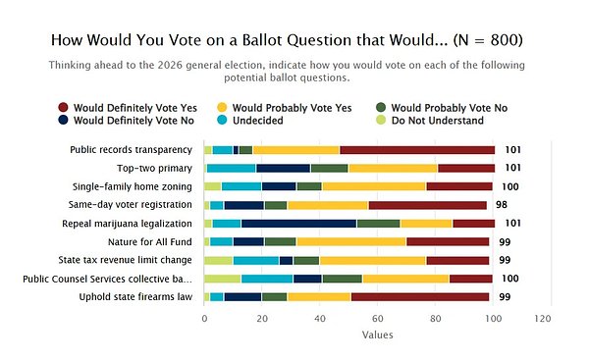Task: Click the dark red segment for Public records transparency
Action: point(417,150)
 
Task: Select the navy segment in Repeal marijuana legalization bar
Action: point(299,224)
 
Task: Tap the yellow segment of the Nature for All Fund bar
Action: point(351,241)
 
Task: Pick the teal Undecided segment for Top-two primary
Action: point(232,168)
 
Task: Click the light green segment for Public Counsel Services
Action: point(223,279)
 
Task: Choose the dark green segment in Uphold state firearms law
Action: point(275,297)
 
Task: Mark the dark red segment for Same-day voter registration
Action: point(428,205)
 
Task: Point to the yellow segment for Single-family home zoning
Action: point(374,186)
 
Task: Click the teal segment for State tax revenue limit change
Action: point(256,260)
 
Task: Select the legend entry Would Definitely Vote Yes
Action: point(128,108)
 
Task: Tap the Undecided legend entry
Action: point(250,120)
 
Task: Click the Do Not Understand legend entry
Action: point(430,120)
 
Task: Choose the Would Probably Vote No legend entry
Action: point(442,108)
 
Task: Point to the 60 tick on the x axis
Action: point(378,319)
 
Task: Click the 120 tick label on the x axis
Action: point(543,319)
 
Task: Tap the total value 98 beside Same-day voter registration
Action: point(502,205)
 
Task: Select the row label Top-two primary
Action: point(154,168)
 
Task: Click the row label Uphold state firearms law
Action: point(135,297)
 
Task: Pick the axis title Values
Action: point(378,334)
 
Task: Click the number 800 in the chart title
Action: point(505,40)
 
